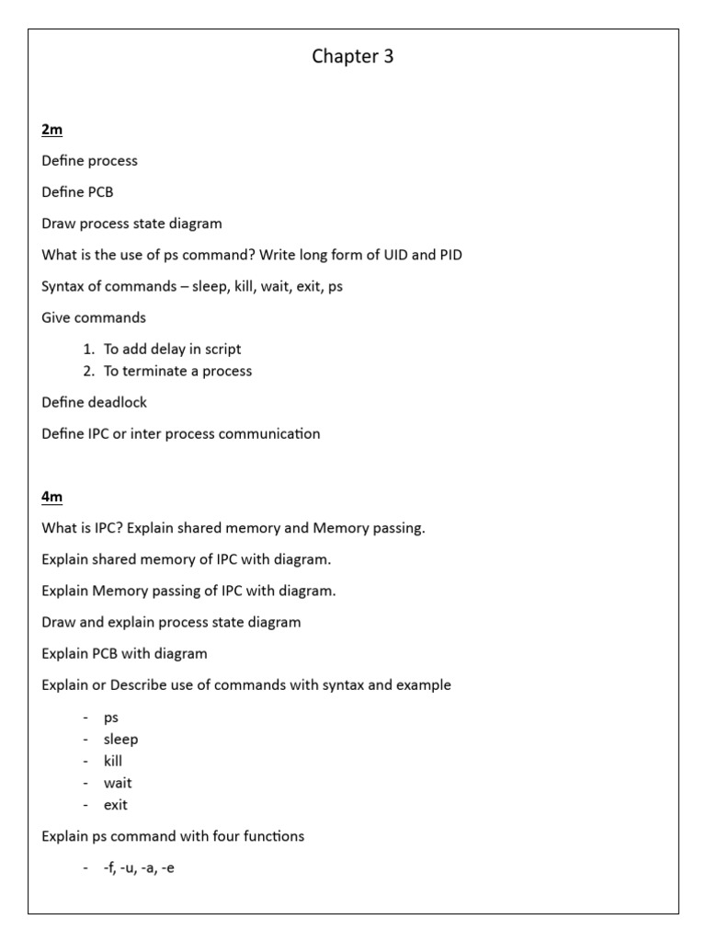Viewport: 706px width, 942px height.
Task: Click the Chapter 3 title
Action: [x=353, y=57]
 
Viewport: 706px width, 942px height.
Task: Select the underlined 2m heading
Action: [x=51, y=130]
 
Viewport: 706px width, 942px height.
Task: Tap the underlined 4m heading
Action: [x=51, y=497]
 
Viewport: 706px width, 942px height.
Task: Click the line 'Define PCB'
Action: [x=77, y=192]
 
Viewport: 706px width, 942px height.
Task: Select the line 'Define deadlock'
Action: [x=94, y=403]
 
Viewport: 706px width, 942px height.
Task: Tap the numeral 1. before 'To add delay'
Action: [x=89, y=350]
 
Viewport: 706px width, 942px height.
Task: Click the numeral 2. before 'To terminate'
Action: [x=89, y=372]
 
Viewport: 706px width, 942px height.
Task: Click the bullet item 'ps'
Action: [x=111, y=718]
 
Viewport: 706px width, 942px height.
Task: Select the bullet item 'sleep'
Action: [x=120, y=740]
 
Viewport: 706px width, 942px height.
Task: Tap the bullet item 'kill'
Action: [x=113, y=762]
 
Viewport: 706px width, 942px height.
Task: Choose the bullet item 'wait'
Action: [x=118, y=784]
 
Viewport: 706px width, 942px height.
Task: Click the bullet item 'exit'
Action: [x=116, y=806]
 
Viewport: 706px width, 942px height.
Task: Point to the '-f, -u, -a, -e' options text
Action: [x=139, y=867]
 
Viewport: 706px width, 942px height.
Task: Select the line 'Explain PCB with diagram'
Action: [x=124, y=654]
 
